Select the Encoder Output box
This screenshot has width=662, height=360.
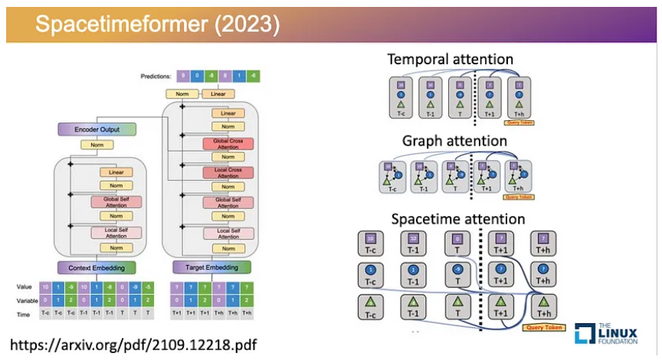coord(97,129)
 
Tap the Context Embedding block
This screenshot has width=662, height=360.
coord(97,267)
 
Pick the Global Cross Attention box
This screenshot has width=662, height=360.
coord(229,145)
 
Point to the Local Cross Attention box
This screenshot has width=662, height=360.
coord(229,173)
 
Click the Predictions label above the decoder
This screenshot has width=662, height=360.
coord(156,76)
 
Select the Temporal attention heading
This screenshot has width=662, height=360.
coord(450,59)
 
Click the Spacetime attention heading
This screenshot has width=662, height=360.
coord(458,219)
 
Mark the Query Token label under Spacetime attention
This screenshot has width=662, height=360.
coord(543,328)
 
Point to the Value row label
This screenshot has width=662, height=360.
coord(25,286)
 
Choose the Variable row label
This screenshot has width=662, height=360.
coord(27,300)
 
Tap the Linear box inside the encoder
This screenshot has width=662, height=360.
coord(116,172)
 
